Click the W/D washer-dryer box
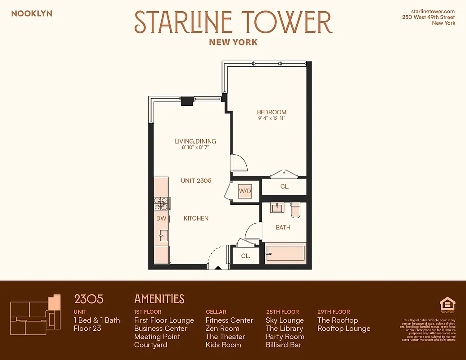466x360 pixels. [245, 191]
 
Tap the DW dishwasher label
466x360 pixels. [161, 218]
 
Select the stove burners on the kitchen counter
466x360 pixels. [161, 204]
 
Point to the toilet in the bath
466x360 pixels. [296, 210]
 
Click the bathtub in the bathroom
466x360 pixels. [285, 254]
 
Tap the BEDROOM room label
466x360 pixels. [271, 112]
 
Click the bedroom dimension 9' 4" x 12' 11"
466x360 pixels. [271, 118]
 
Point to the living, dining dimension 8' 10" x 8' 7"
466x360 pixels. [195, 148]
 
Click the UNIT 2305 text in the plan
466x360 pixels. [196, 180]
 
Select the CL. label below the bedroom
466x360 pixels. [285, 186]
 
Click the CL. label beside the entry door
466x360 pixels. [245, 256]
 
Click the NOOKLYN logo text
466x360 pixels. [32, 13]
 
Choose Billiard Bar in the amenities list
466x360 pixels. [283, 345]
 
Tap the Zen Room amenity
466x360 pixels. [222, 328]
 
